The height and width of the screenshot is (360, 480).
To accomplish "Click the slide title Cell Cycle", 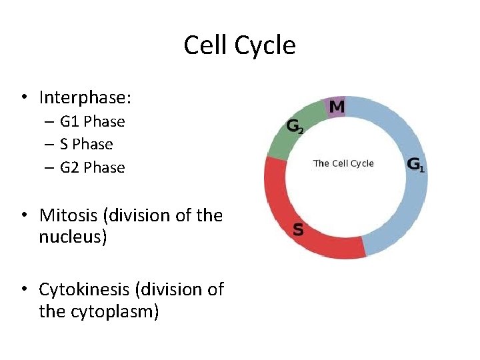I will click(x=239, y=45).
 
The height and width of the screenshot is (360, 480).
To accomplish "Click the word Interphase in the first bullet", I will click(x=84, y=98).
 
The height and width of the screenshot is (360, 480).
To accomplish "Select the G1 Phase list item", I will click(x=92, y=121).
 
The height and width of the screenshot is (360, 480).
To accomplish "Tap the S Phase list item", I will click(x=86, y=144).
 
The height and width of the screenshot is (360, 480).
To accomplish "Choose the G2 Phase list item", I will click(x=92, y=167).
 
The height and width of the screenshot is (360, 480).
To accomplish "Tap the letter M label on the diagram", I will click(x=338, y=106).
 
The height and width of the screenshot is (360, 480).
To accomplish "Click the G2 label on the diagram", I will click(x=295, y=126).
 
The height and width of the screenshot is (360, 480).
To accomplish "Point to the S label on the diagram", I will click(x=298, y=230).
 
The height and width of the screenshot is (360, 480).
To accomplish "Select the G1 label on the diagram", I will click(x=415, y=165).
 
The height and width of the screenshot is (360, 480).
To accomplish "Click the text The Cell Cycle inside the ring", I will click(x=343, y=163).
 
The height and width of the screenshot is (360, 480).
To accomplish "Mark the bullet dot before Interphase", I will click(x=23, y=98).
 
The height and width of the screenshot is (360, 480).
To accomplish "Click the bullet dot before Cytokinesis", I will click(x=23, y=289).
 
